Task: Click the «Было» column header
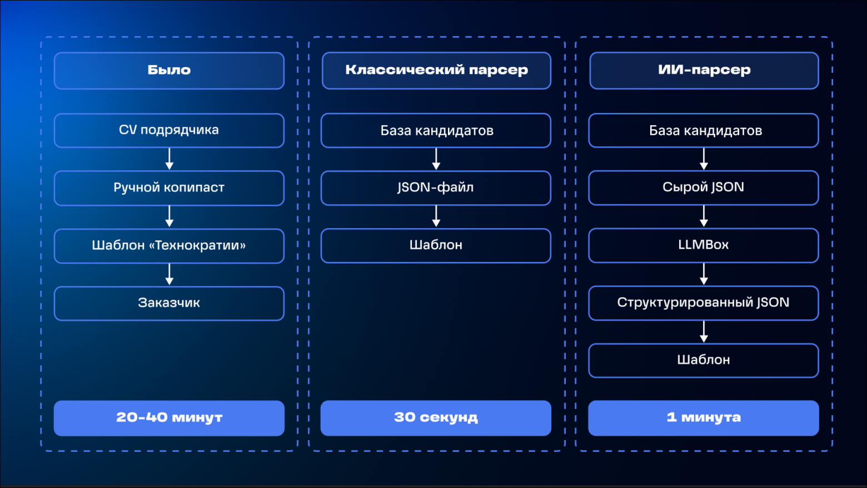[x=169, y=71]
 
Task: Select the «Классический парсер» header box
[x=436, y=71]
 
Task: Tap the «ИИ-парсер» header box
[x=704, y=71]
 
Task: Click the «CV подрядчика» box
[x=169, y=130]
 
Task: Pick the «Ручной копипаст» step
[x=169, y=188]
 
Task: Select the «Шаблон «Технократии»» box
[x=169, y=245]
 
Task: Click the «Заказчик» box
[x=169, y=303]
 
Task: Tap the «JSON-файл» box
[x=436, y=188]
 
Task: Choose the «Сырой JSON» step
[x=704, y=188]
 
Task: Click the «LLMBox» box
[x=704, y=245]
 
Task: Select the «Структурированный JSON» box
[x=704, y=303]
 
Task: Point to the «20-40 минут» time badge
[x=169, y=418]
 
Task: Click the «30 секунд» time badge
[x=436, y=418]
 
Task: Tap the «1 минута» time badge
[x=704, y=418]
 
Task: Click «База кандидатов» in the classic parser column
[x=436, y=131]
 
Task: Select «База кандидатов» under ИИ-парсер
[x=704, y=131]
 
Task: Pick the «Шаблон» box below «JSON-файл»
[x=436, y=245]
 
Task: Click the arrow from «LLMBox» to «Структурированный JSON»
[x=704, y=274]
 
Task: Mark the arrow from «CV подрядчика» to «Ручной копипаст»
[x=170, y=159]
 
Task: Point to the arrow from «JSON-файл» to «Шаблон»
[x=436, y=216]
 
